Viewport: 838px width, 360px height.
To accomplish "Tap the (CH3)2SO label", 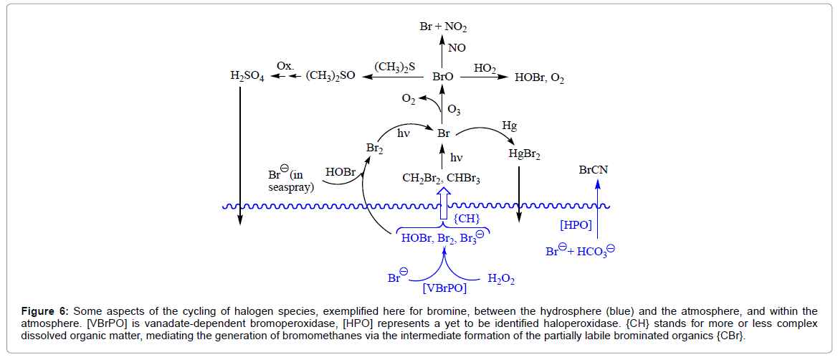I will click(x=330, y=75).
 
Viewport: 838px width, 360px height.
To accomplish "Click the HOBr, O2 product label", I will click(x=539, y=77).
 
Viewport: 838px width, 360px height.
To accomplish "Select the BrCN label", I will click(x=596, y=170).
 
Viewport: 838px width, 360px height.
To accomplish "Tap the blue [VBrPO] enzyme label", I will click(x=444, y=288).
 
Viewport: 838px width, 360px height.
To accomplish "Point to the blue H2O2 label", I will click(x=501, y=278).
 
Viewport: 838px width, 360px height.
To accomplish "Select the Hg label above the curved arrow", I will click(x=510, y=125).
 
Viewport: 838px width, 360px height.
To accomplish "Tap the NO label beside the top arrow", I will click(x=457, y=50).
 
